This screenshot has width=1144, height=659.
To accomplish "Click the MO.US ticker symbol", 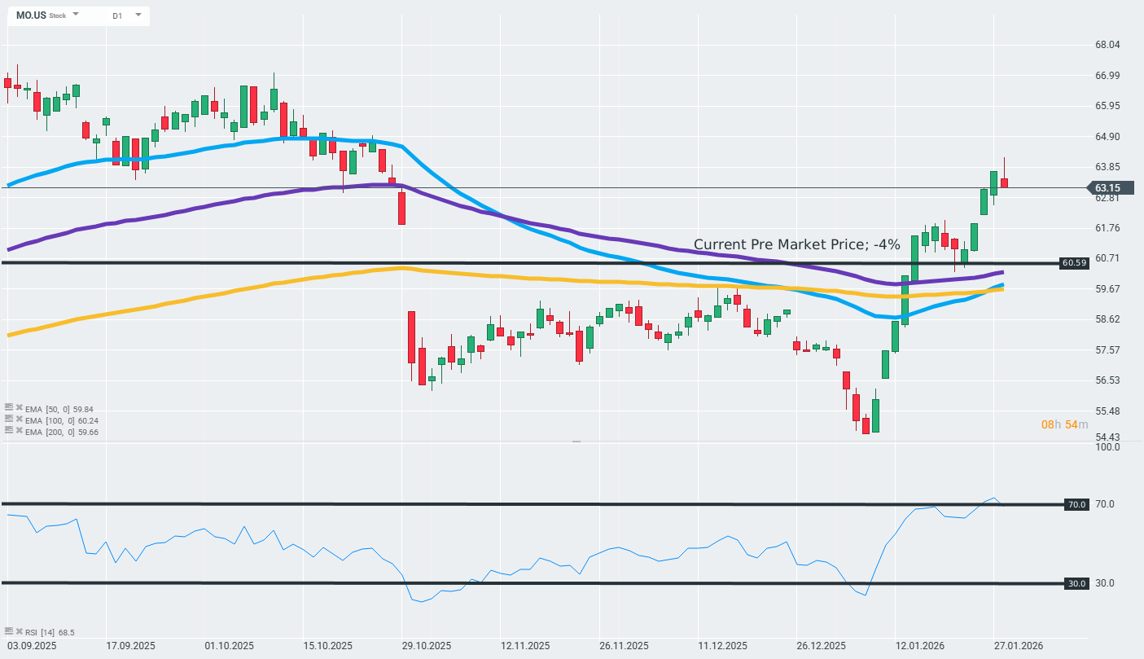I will (30, 15).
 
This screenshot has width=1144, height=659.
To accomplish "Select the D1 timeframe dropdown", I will (117, 15).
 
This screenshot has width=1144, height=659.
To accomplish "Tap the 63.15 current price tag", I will (1108, 188).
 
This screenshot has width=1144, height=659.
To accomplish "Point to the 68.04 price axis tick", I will (1108, 45).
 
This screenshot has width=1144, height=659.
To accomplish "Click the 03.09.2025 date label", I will (30, 646).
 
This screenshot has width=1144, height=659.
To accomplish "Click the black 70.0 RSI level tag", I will (1076, 505).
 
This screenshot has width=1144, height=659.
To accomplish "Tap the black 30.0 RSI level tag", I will (1076, 583).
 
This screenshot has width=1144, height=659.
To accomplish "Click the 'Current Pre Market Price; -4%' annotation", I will (796, 244).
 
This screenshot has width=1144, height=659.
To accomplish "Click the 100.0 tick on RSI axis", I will (1107, 447).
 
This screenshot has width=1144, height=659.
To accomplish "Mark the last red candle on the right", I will (1005, 182).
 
